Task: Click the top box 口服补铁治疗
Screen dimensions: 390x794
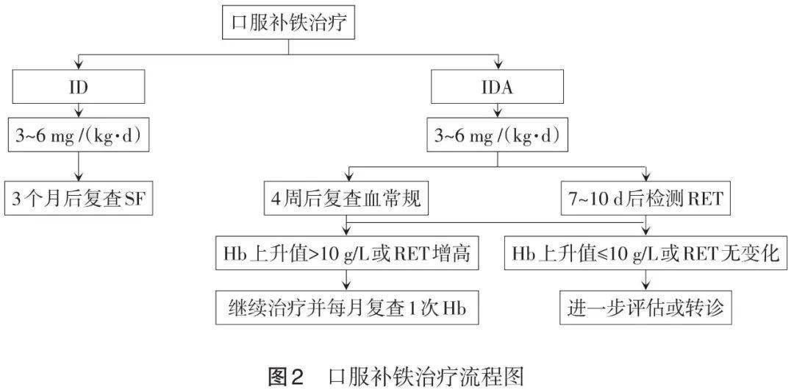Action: click(289, 24)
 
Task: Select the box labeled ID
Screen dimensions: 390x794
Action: click(79, 88)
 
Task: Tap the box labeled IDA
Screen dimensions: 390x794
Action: click(498, 88)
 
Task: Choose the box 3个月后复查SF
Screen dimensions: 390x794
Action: click(79, 199)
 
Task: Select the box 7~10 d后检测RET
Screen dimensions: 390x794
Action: click(646, 199)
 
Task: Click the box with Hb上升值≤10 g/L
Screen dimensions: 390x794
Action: click(646, 254)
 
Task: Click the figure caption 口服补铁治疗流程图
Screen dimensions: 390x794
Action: click(426, 375)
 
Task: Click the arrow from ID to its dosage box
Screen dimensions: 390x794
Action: click(79, 110)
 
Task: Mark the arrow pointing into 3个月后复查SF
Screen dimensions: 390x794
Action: click(79, 171)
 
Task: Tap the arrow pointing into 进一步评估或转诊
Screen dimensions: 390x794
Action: click(646, 282)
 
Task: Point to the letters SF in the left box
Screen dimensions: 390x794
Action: click(133, 199)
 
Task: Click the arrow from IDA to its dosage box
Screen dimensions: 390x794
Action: click(498, 110)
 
